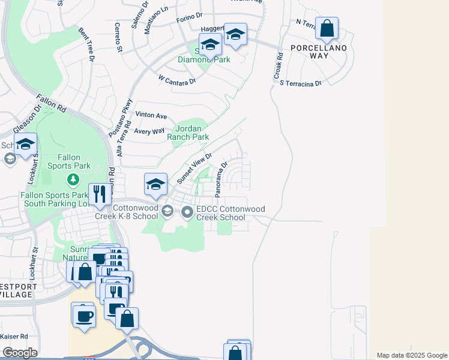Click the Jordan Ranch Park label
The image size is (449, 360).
coord(191,133)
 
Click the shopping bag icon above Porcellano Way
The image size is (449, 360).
coord(327,28)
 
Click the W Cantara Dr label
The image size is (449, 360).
coord(177,79)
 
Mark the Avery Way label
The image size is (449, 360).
coord(149,131)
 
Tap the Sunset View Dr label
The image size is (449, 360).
coord(195,169)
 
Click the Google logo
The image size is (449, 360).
coord(20,353)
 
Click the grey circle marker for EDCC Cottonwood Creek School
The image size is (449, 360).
coord(188,211)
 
